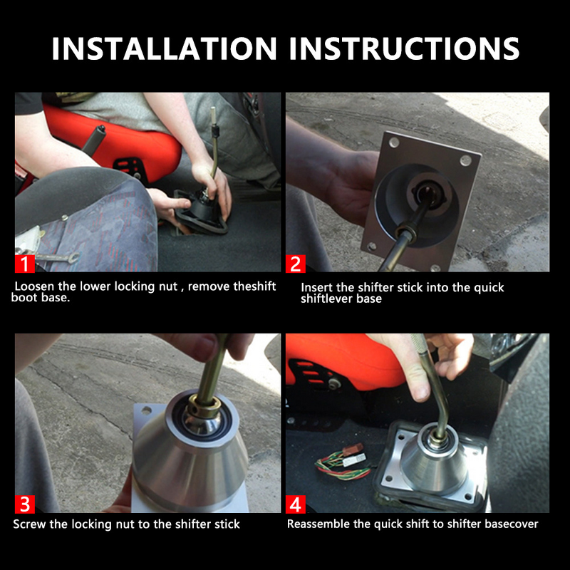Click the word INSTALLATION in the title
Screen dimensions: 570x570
164,48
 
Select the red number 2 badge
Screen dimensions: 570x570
296,264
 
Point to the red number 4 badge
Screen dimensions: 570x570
296,504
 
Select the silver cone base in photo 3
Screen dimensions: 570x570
188,456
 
